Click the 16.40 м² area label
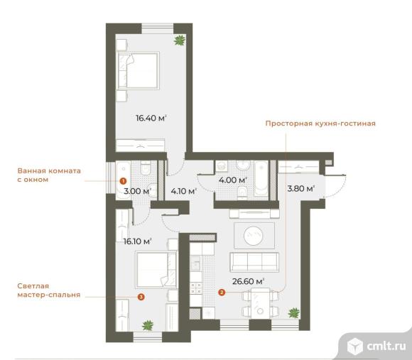click(x=151, y=118)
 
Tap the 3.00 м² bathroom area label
click(x=137, y=191)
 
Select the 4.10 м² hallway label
click(x=184, y=191)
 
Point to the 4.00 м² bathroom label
click(x=233, y=180)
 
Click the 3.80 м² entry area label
click(x=301, y=189)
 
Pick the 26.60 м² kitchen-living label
click(x=249, y=281)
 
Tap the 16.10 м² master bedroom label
click(x=137, y=241)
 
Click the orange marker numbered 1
click(x=123, y=181)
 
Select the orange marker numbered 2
click(x=222, y=292)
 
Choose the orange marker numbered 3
click(x=141, y=297)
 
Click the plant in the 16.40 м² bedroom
click(x=180, y=40)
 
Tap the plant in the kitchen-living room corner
click(x=294, y=312)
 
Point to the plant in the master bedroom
click(x=148, y=325)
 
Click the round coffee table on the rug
click(x=254, y=236)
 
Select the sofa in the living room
click(x=254, y=262)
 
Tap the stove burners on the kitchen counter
click(x=196, y=288)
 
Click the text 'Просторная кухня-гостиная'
click(x=320, y=124)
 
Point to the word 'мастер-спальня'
click(x=49, y=295)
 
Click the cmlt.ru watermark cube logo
click(x=355, y=346)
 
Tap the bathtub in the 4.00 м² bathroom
click(x=261, y=178)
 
